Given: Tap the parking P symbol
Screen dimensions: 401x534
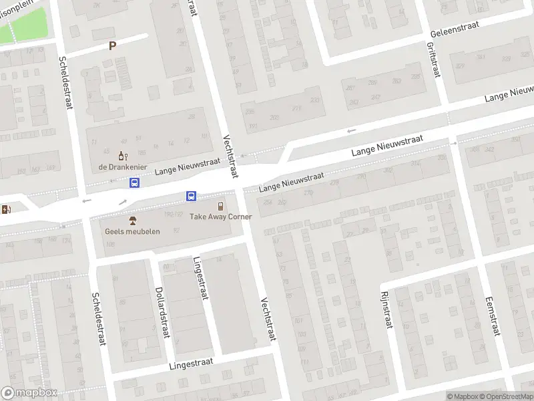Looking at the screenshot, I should point(113,46).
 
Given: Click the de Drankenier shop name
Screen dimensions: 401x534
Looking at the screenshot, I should point(122,166).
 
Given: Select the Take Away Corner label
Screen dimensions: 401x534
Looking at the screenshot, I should point(220,217).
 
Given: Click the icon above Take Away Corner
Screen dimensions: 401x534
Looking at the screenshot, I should point(220,207).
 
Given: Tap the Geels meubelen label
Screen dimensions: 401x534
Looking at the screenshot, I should point(132,231).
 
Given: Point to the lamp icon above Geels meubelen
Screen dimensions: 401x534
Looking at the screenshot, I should point(132,221).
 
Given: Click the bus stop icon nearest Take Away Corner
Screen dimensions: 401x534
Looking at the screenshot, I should point(191,196).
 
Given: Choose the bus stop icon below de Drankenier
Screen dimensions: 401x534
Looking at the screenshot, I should point(135,182).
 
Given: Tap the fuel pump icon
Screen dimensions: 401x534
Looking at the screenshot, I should point(7,209).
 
